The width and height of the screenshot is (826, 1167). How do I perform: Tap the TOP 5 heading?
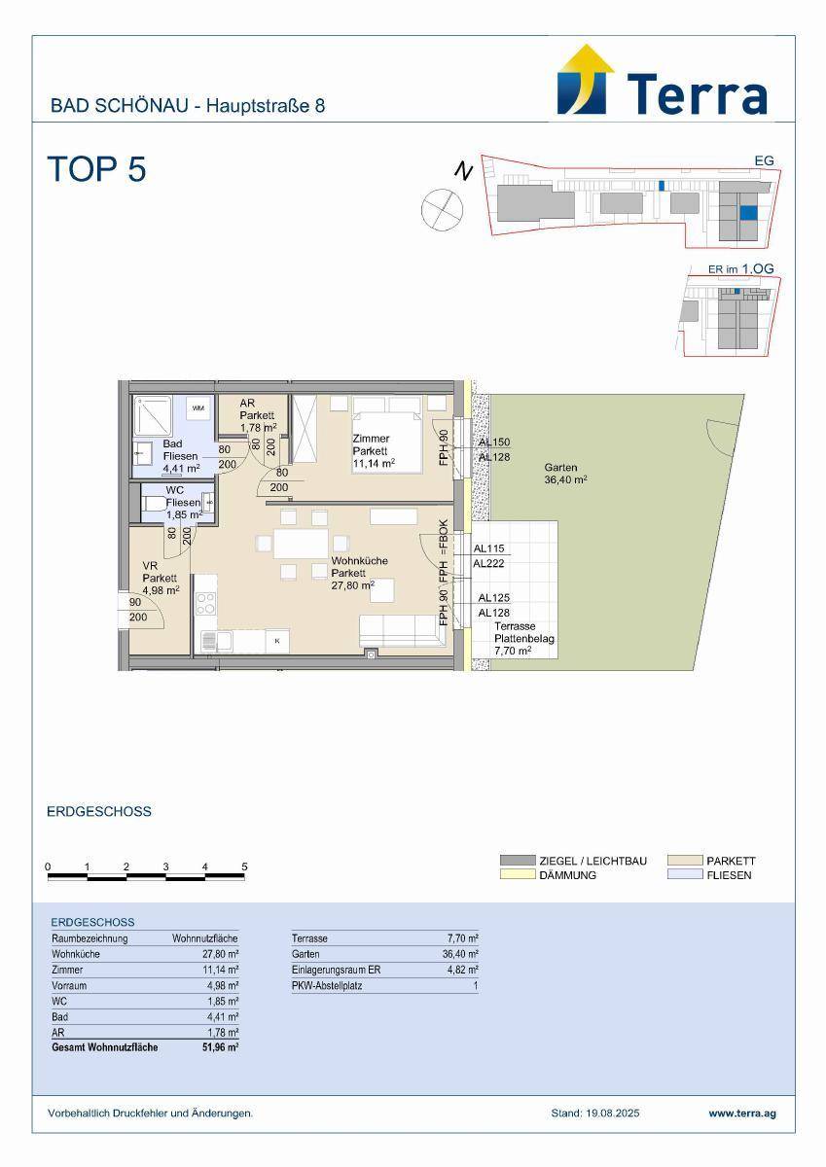click(x=97, y=169)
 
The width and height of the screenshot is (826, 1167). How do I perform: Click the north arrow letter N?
click(x=463, y=170)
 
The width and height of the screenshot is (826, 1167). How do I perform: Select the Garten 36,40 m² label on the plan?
click(x=565, y=474)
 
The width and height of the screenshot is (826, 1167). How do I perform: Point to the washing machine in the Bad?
click(x=198, y=407)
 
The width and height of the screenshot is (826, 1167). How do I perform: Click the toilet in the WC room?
click(x=154, y=504)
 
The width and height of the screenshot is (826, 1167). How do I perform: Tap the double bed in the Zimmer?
click(x=386, y=434)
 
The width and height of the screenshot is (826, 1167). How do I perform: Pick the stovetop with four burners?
click(x=206, y=604)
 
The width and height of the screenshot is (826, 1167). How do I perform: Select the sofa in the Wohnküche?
click(x=398, y=631)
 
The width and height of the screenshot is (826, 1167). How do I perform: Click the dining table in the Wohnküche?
click(x=302, y=544)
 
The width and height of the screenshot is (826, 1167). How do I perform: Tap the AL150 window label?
click(x=494, y=442)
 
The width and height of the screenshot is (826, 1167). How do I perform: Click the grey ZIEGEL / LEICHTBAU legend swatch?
click(x=518, y=860)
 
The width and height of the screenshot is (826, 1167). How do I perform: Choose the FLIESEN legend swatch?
click(x=685, y=874)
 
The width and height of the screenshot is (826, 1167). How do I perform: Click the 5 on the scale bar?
click(x=244, y=866)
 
